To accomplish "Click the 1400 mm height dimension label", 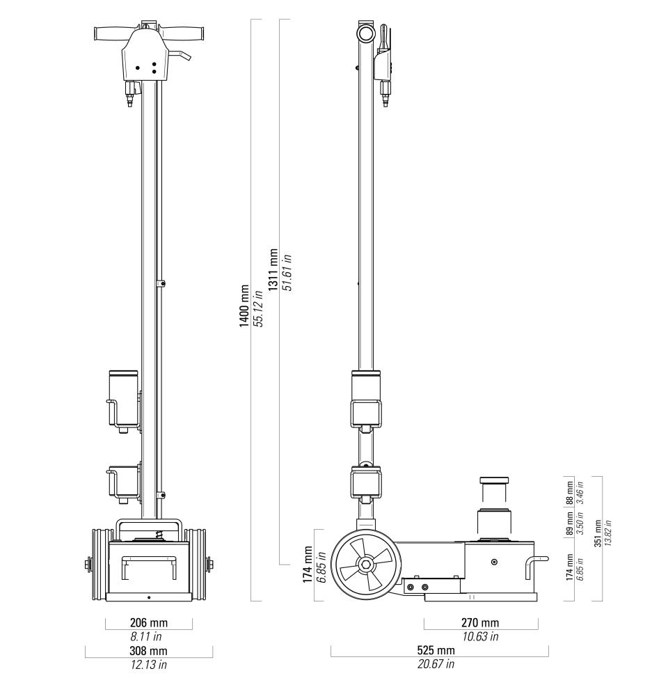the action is (245, 306).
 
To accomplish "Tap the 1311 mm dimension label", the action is (273, 269).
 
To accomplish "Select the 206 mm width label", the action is (149, 623).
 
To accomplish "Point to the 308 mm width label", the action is (149, 651).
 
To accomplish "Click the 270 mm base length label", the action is (480, 623).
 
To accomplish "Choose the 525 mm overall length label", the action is (436, 650).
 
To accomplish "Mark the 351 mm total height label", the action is (598, 533).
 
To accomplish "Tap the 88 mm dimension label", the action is (570, 493).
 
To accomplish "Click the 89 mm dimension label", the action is (570, 523).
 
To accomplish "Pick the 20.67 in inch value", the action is (436, 664).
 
